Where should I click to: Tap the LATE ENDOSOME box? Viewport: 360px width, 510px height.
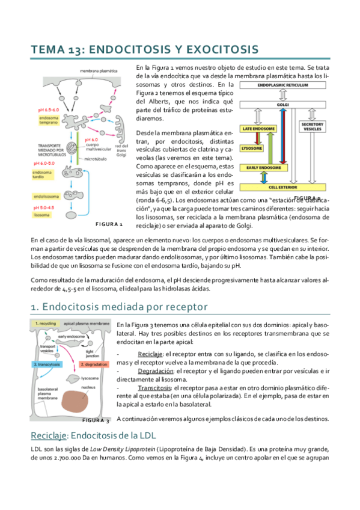coord(259,129)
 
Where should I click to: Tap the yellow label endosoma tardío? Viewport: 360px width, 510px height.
coord(44,174)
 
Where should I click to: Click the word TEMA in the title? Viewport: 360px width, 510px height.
coord(47,49)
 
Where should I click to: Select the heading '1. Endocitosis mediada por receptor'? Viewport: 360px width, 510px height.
coord(118,307)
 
